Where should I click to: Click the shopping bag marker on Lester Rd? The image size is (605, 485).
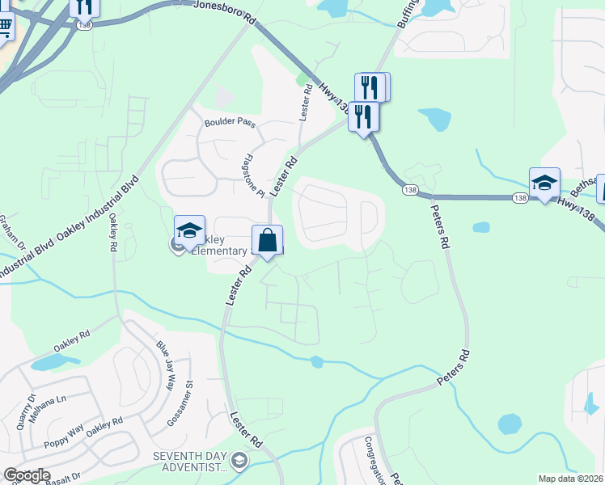(x=268, y=241)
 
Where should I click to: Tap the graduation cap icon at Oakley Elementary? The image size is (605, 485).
(x=189, y=231)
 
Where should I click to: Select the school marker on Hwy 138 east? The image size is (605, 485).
(x=544, y=183)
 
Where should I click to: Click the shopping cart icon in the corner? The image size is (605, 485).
(x=6, y=27)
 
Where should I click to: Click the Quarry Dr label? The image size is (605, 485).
(x=31, y=410)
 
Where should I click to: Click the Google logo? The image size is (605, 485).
(x=27, y=475)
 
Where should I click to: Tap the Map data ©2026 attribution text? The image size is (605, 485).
(x=570, y=479)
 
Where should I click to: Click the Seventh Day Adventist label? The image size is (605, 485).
(x=190, y=462)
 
